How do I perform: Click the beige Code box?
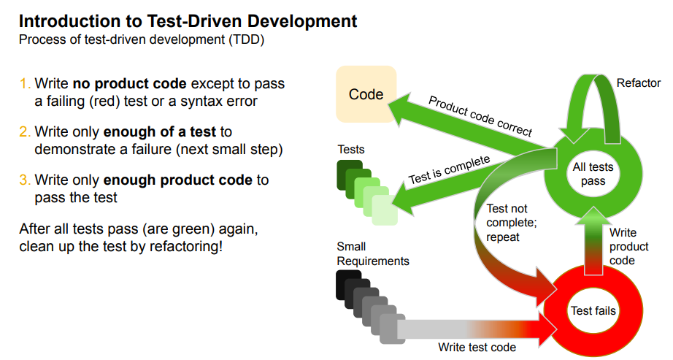pyautogui.click(x=366, y=94)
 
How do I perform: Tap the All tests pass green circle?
pyautogui.click(x=593, y=174)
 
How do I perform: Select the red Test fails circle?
pyautogui.click(x=593, y=311)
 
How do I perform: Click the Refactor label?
pyautogui.click(x=638, y=83)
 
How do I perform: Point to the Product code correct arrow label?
pyautogui.click(x=480, y=116)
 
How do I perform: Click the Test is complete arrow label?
pyautogui.click(x=449, y=169)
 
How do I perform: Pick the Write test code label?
pyautogui.click(x=477, y=348)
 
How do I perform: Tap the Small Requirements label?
pyautogui.click(x=372, y=253)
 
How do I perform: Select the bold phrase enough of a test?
pyautogui.click(x=160, y=132)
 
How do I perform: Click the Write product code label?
pyautogui.click(x=628, y=247)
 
